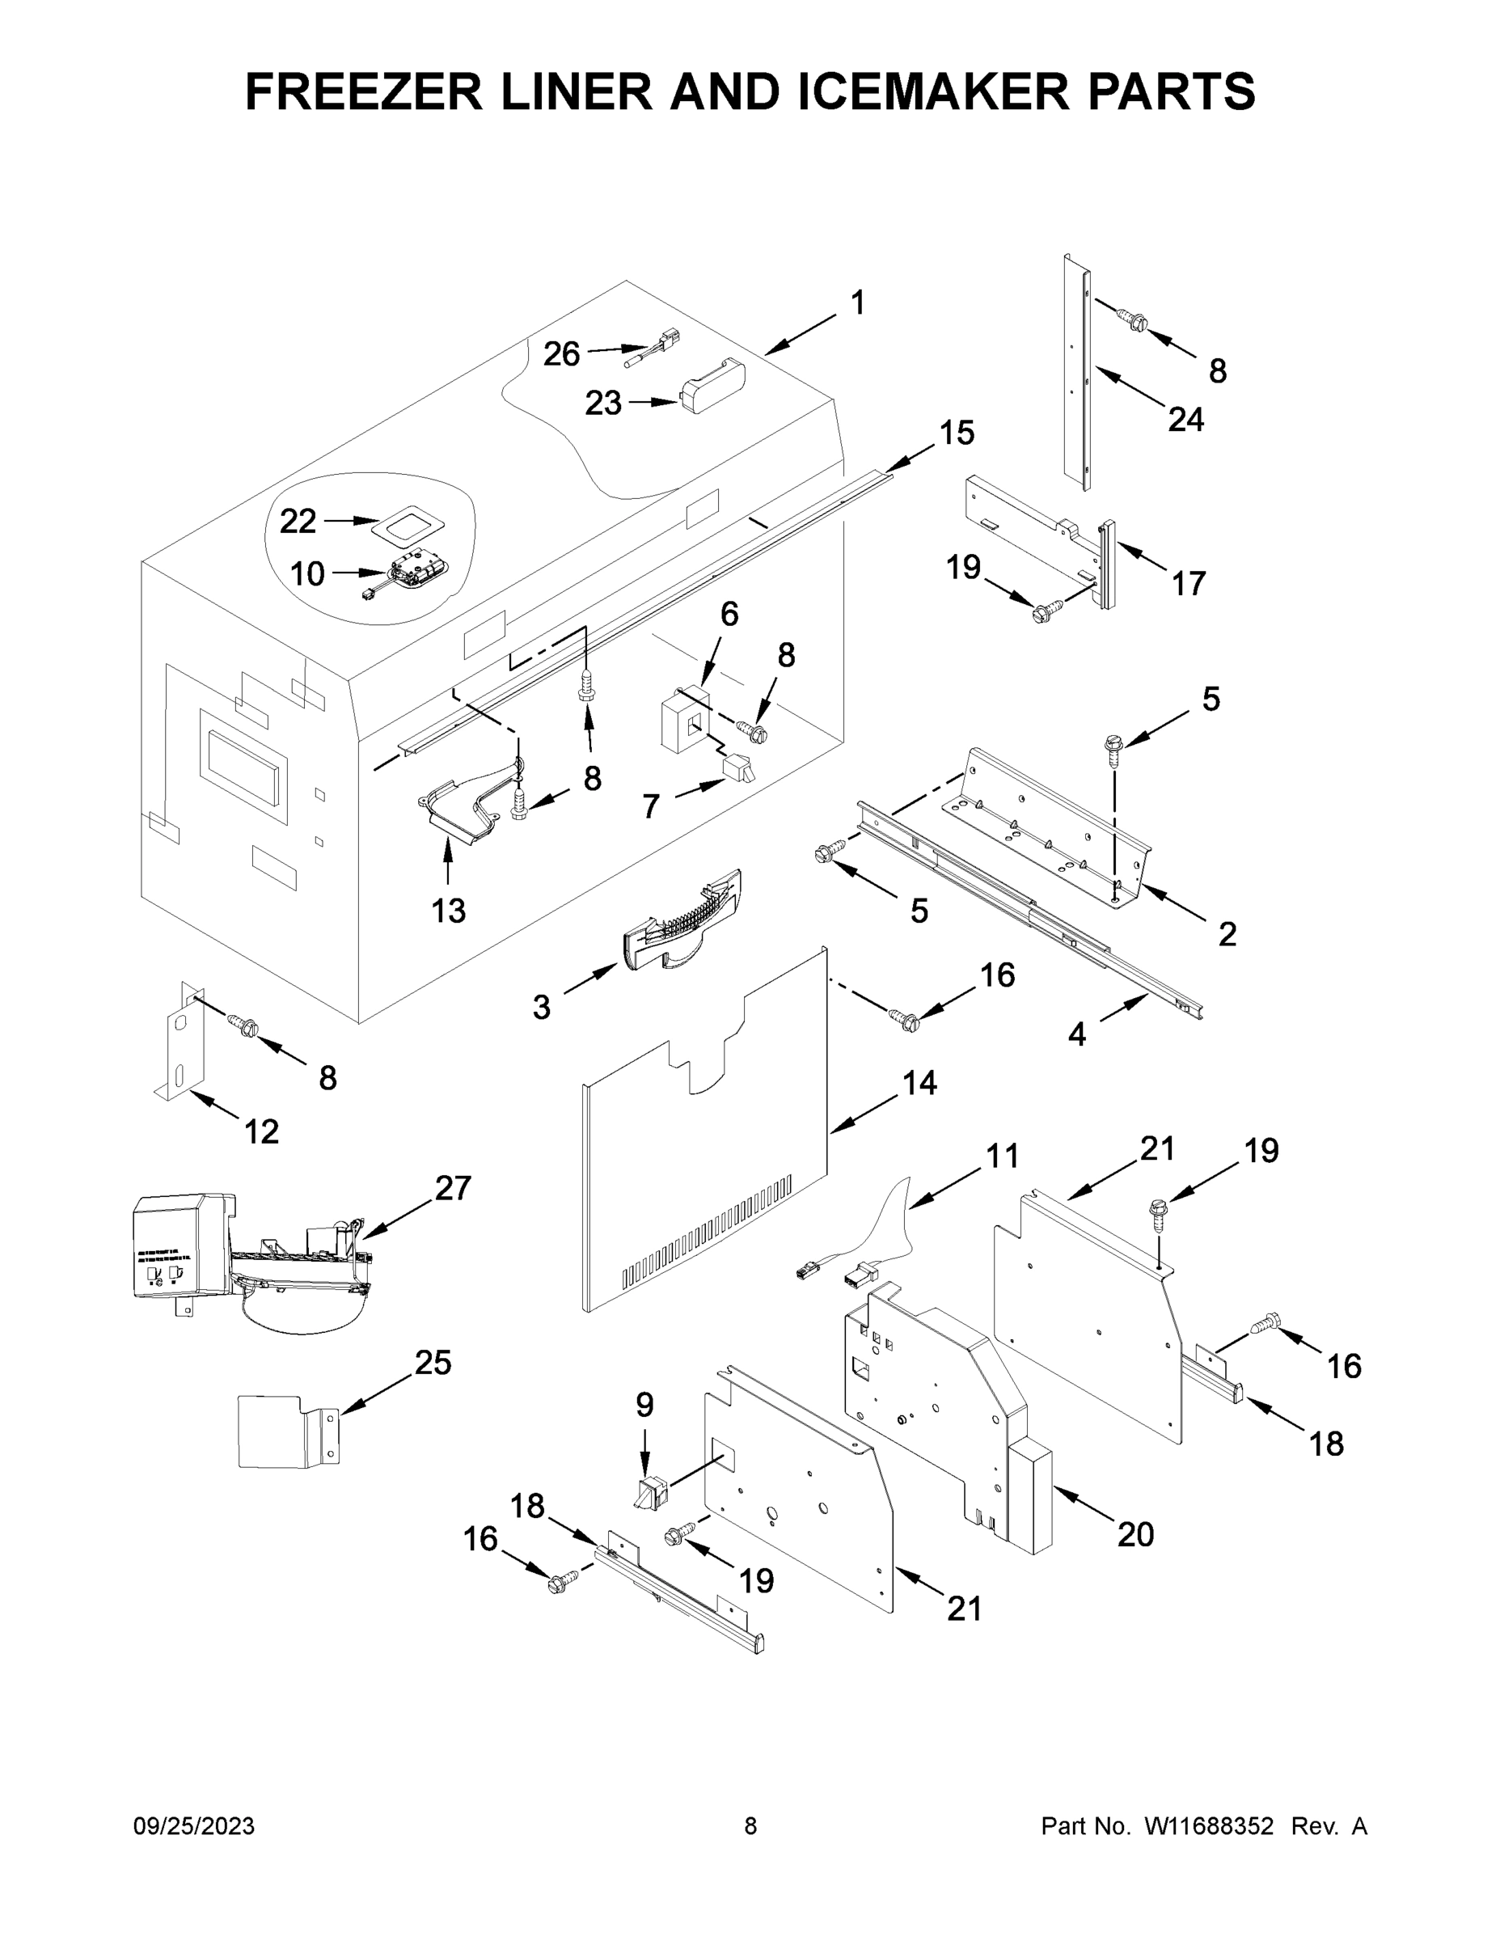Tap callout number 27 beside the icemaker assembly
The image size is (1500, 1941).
click(x=452, y=1188)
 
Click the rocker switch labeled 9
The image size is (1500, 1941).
click(x=652, y=1493)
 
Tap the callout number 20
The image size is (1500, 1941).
click(x=1135, y=1534)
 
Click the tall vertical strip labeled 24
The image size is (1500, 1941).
click(x=1075, y=374)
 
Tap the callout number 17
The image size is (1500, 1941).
click(x=1188, y=583)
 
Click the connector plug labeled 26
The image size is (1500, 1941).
click(x=653, y=349)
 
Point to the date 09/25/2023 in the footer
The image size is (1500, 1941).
click(x=194, y=1825)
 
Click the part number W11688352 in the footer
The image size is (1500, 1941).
click(x=1209, y=1825)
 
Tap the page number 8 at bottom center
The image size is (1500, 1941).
click(x=750, y=1825)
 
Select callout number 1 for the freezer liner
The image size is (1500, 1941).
click(x=857, y=303)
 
